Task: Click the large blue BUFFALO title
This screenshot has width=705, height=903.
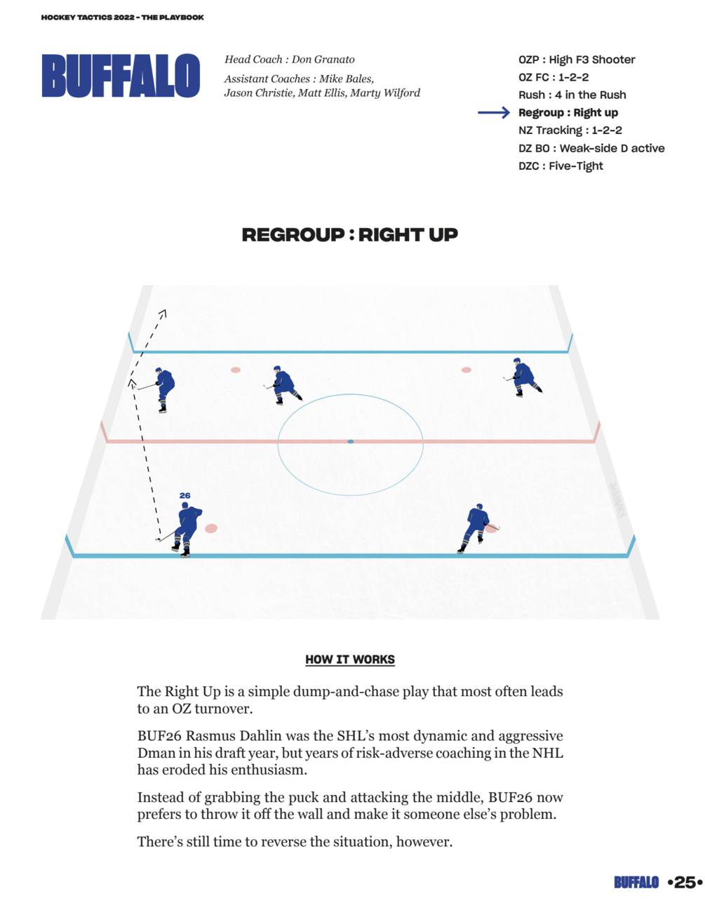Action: coord(121,76)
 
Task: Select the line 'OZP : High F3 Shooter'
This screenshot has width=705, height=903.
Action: coord(577,60)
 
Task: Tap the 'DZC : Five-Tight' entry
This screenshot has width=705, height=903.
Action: coord(560,166)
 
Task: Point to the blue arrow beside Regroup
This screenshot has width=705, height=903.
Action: coord(493,113)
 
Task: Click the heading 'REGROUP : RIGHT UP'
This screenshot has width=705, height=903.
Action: coord(349,235)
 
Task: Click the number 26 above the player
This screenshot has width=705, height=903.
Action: coord(184,495)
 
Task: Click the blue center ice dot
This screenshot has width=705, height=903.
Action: coord(351,441)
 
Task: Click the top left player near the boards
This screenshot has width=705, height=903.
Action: coord(163,389)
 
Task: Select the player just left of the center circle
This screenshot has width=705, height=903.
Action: coord(283,384)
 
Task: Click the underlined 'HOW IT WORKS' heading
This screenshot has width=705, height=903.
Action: coord(350,660)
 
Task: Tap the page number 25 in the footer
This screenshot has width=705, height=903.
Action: coord(684,883)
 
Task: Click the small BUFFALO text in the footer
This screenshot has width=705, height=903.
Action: coord(636,883)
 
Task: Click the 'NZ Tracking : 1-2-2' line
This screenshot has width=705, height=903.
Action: coord(570,131)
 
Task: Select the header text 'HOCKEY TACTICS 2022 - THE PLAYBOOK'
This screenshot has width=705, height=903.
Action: coord(123,18)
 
